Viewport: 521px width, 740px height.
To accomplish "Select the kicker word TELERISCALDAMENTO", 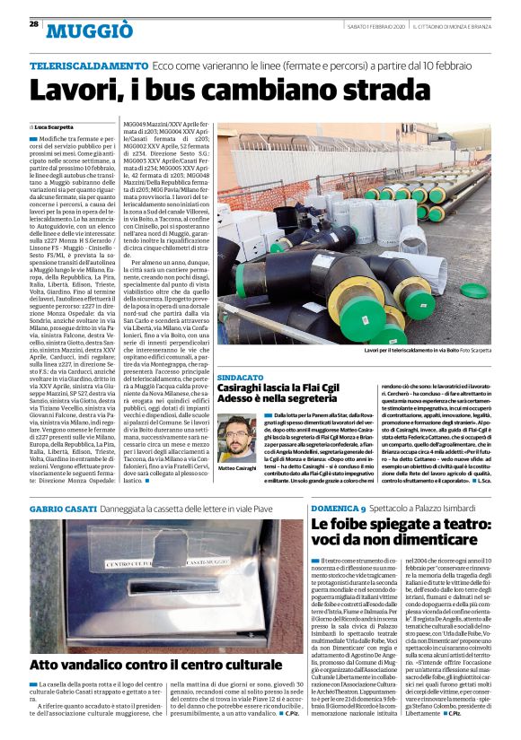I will click(x=88, y=66).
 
